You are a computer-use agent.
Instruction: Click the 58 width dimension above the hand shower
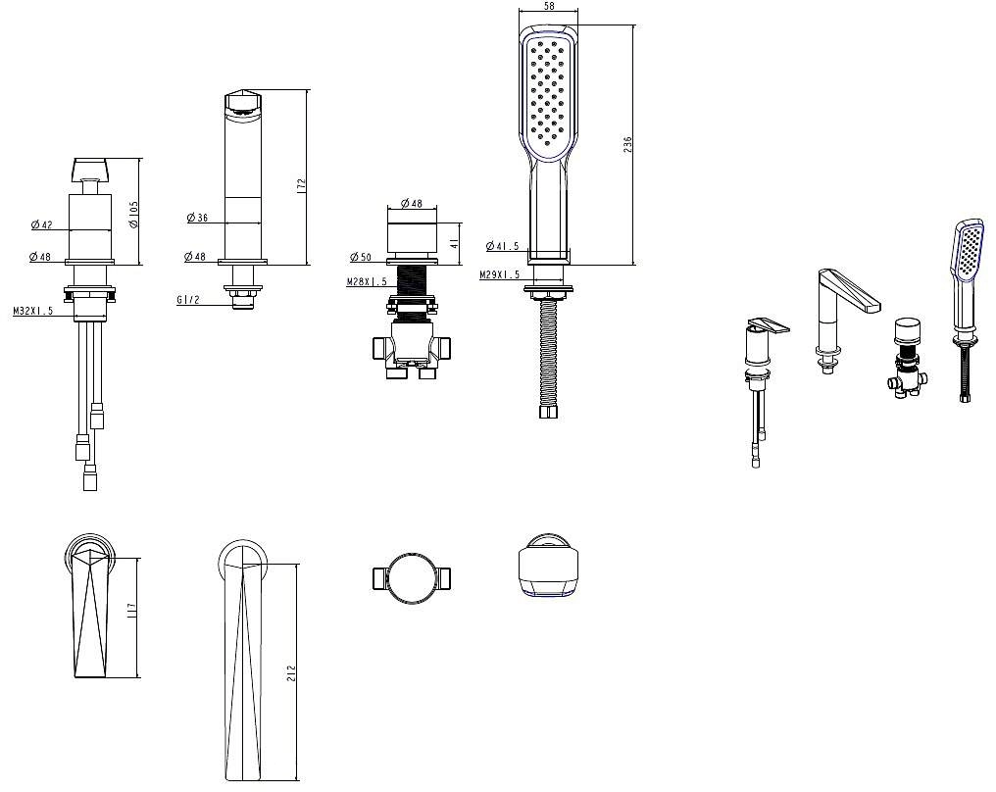[549, 6]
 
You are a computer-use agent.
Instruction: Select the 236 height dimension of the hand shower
[627, 145]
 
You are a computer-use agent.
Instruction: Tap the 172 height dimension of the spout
[301, 185]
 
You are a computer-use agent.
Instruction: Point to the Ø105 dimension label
[133, 215]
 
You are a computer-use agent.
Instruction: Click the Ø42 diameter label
[42, 224]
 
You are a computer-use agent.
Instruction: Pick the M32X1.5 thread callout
[33, 311]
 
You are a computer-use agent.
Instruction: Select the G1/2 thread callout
[188, 300]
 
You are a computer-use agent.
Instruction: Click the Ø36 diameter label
[198, 218]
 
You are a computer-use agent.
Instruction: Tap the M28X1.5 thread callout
[367, 281]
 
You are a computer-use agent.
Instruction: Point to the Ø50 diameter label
[361, 257]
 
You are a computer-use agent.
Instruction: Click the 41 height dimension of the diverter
[454, 243]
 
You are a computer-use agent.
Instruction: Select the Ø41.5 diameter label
[503, 246]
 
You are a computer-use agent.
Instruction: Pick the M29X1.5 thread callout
[499, 274]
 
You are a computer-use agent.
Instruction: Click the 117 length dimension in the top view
[132, 612]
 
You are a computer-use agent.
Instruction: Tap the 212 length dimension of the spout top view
[291, 673]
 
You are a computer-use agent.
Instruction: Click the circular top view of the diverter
[412, 578]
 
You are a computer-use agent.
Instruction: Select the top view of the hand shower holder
[548, 566]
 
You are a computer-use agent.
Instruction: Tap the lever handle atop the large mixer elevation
[91, 169]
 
